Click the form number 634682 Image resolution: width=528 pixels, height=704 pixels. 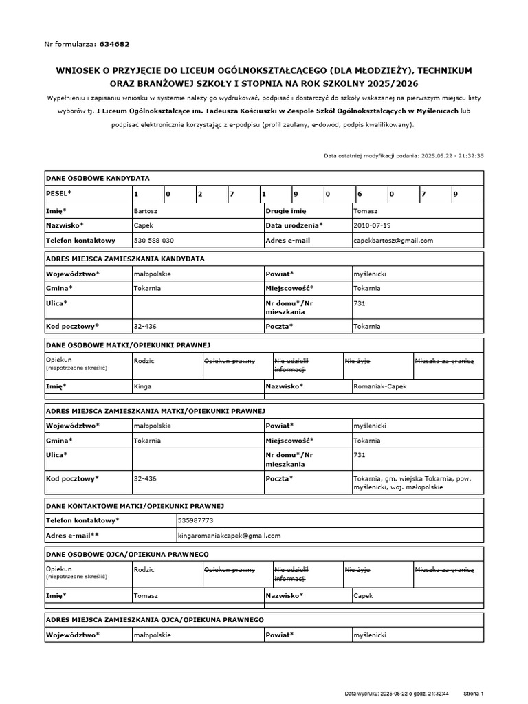pos(114,44)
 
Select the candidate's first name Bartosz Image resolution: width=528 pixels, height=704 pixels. pos(146,210)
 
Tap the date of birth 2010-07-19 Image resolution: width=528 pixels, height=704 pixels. pos(371,225)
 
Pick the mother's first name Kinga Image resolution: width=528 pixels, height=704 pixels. pos(142,386)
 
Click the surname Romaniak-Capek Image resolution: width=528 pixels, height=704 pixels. pos(379,386)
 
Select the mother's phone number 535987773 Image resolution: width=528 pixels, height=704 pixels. pos(195,520)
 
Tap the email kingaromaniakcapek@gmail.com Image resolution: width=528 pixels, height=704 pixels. pos(229,536)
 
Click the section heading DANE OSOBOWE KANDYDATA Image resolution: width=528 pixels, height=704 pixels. pos(98,178)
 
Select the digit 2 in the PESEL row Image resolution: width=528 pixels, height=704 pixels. pos(199,195)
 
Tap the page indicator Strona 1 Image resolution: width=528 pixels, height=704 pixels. pos(474,694)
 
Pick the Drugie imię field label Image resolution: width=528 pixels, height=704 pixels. pos(285,210)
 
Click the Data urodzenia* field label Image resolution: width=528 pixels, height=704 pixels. pos(294,225)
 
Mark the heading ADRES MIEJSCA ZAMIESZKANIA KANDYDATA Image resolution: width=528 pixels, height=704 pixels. pos(124,258)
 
